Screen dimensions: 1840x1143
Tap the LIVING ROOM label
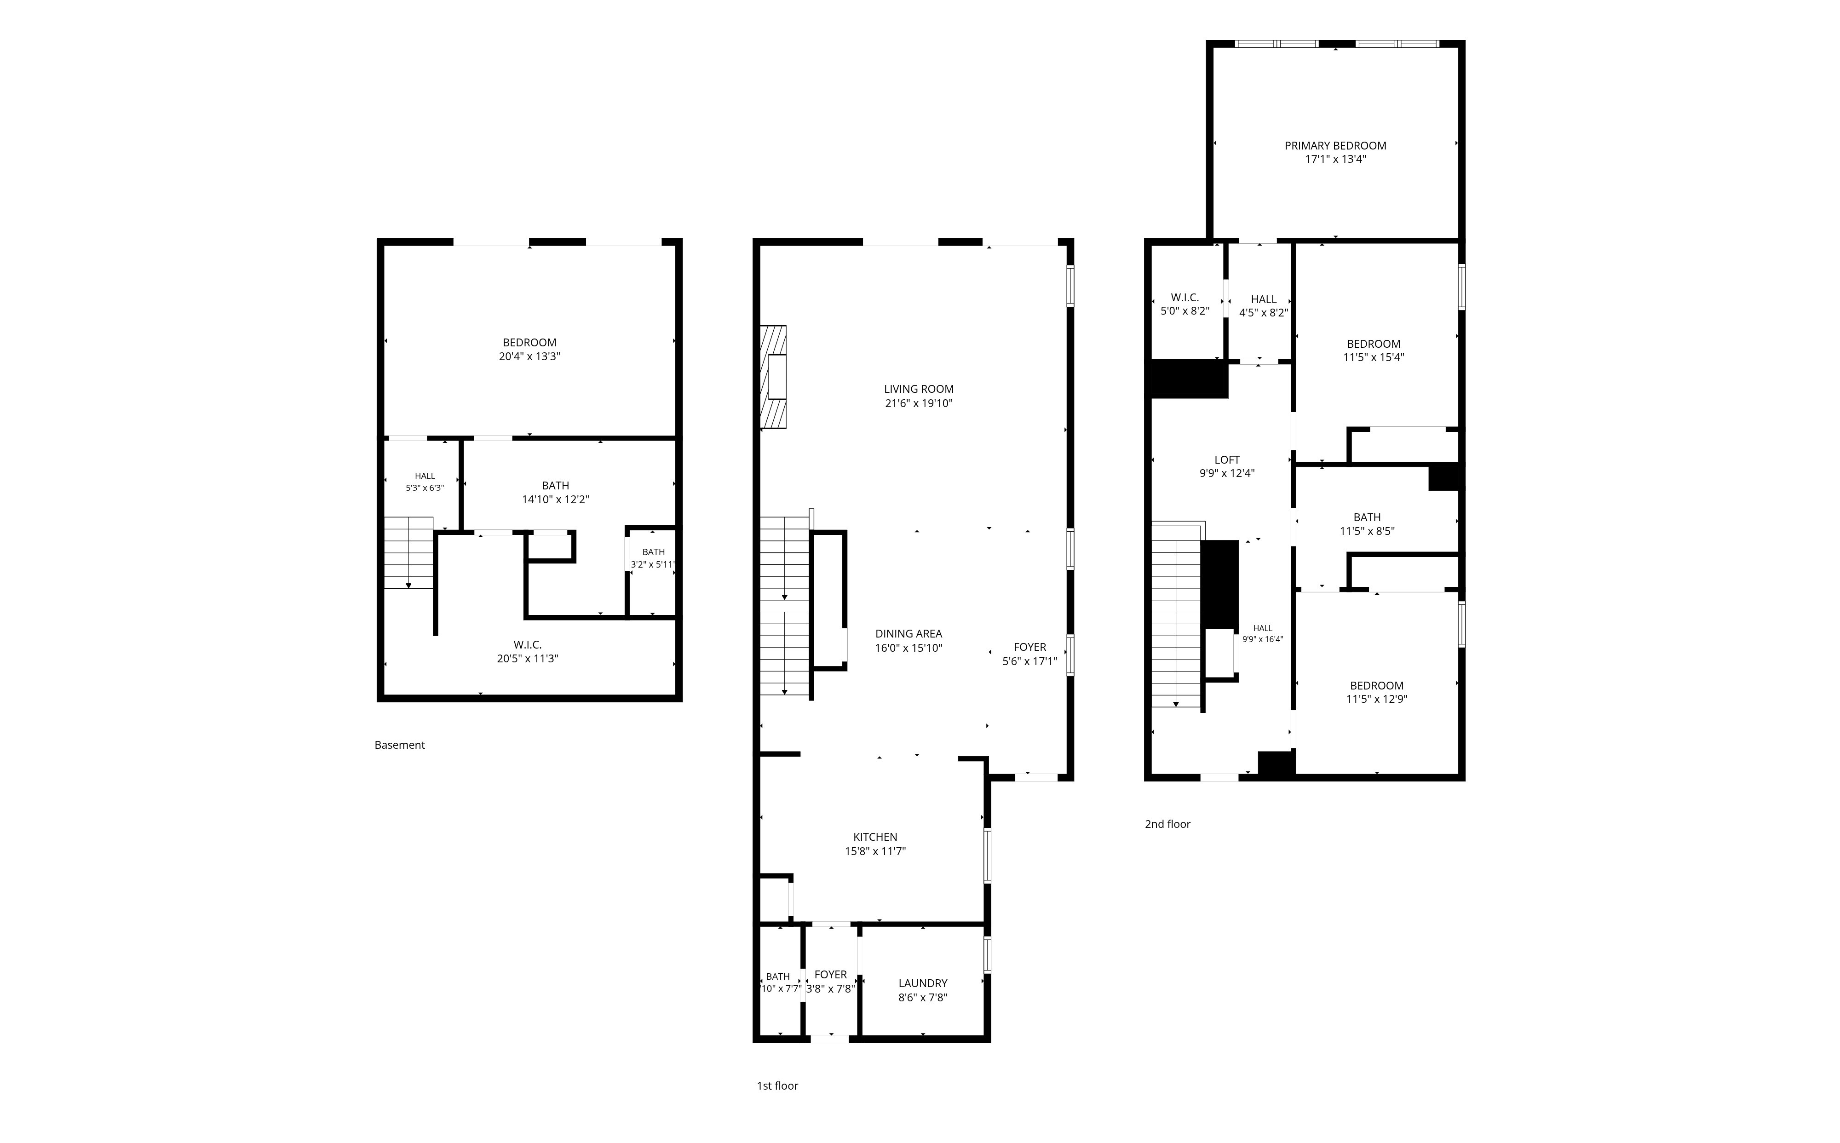[x=919, y=389]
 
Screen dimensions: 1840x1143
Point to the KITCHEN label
[x=875, y=837]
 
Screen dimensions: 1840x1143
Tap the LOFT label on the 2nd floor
[x=1227, y=459]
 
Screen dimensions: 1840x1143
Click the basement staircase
[x=409, y=552]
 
